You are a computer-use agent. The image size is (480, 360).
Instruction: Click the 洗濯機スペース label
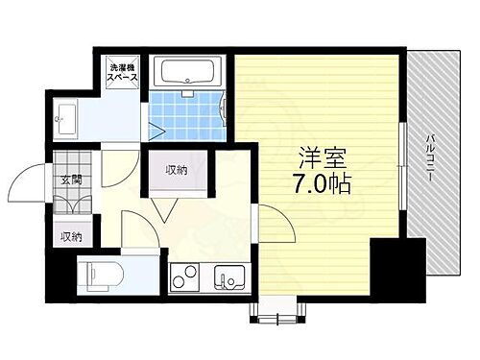125,73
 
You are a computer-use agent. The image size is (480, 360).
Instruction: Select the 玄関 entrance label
72,180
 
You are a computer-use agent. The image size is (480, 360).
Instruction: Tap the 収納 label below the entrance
73,236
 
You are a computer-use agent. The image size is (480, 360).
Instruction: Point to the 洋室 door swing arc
275,226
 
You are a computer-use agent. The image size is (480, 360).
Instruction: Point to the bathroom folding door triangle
155,127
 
